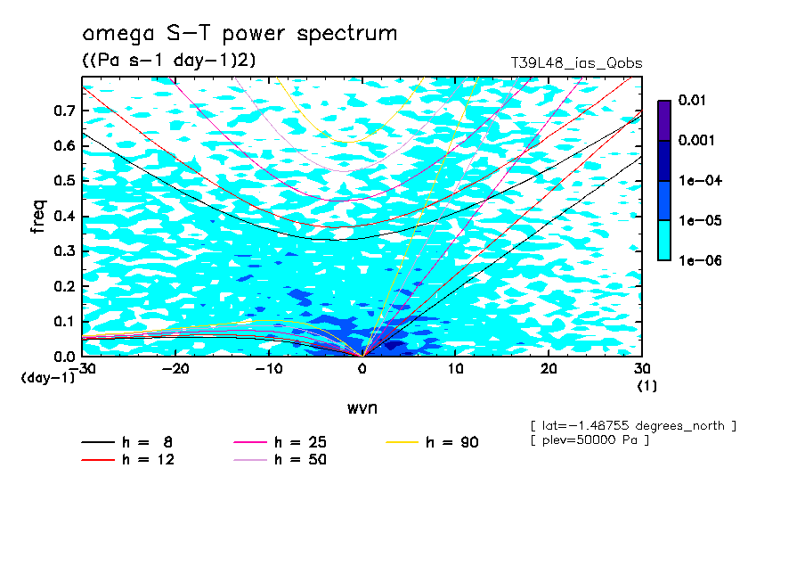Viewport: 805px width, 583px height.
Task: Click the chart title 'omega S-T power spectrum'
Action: point(239,34)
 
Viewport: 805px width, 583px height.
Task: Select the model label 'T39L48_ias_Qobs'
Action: point(576,63)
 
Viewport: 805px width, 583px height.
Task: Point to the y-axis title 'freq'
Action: point(38,217)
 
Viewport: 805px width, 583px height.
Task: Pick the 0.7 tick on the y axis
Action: point(63,111)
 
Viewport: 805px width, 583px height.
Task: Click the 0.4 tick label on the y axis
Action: point(63,217)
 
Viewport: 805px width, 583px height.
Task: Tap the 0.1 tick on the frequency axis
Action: point(63,322)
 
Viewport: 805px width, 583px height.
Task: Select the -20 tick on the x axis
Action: point(175,369)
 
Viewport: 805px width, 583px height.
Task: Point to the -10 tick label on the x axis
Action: point(268,369)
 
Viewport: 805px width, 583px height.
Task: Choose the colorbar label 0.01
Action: point(692,101)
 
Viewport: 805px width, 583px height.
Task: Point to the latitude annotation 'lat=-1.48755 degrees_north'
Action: point(633,425)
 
